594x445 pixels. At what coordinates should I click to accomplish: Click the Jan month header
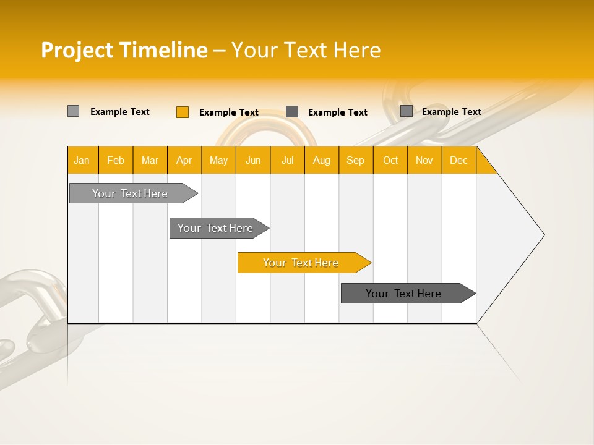tap(82, 160)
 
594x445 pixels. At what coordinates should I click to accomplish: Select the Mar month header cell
tap(150, 160)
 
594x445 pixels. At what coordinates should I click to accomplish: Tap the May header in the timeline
tap(218, 160)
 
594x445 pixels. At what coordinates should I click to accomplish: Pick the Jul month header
tap(287, 160)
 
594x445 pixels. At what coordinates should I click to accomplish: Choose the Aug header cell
tap(321, 160)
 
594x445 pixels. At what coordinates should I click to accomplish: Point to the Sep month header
tap(355, 160)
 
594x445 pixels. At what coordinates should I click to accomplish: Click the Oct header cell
tap(390, 160)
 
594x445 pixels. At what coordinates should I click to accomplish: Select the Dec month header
tap(458, 160)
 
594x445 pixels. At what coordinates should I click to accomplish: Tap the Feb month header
tap(116, 160)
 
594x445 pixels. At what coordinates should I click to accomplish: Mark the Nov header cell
tap(424, 160)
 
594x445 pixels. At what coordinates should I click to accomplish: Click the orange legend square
tap(182, 112)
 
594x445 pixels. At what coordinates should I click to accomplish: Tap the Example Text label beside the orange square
tap(228, 112)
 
